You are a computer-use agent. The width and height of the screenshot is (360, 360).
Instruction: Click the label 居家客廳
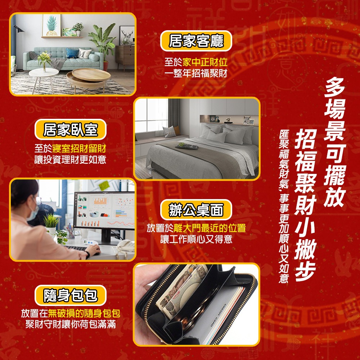point(196,41)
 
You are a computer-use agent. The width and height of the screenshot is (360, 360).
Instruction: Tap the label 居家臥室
point(71,129)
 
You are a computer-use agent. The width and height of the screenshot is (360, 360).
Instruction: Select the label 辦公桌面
point(196,209)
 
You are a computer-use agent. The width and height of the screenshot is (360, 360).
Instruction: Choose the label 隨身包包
point(71,295)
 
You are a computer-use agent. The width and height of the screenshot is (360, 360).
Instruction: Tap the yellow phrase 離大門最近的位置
point(210,228)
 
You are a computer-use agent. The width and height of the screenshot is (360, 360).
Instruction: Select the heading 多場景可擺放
point(335,144)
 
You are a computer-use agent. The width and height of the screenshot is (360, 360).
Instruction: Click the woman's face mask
point(32,211)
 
